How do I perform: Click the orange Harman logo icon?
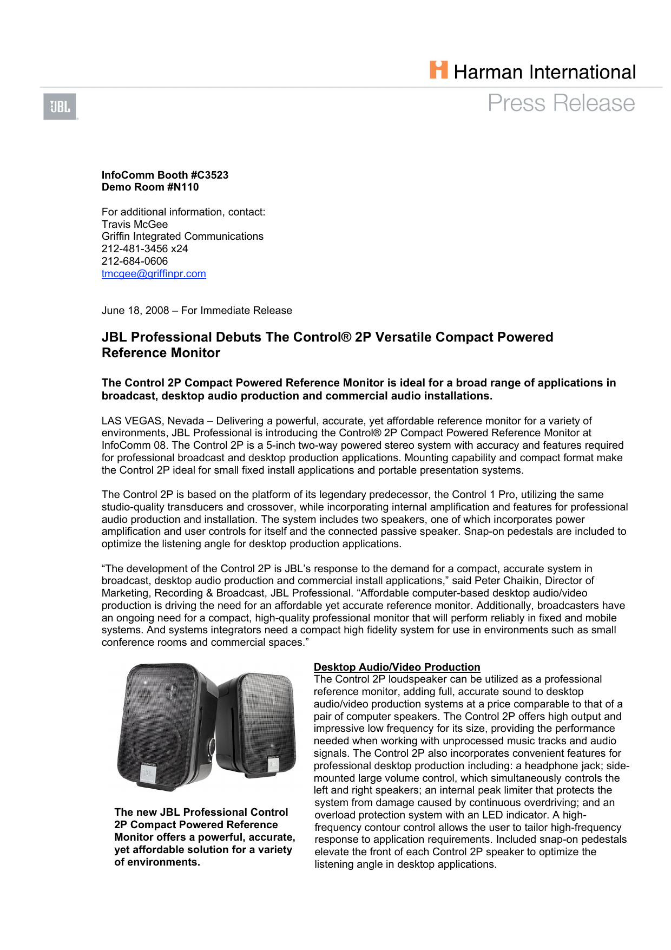[x=439, y=70]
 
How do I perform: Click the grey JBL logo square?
[x=60, y=107]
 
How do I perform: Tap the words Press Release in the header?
[x=561, y=103]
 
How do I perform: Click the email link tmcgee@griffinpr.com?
[x=154, y=274]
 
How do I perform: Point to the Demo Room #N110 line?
[x=150, y=187]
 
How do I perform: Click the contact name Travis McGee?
[x=135, y=224]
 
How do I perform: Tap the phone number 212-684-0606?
[x=135, y=261]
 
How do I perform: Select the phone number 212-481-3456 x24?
[x=144, y=249]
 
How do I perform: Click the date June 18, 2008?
[x=135, y=311]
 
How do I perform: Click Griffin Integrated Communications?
[x=182, y=237]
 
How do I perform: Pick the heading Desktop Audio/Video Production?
[x=397, y=667]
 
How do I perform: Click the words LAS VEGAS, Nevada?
[x=153, y=421]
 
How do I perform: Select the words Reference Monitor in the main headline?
[x=161, y=353]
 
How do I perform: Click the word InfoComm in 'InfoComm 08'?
[x=120, y=445]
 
